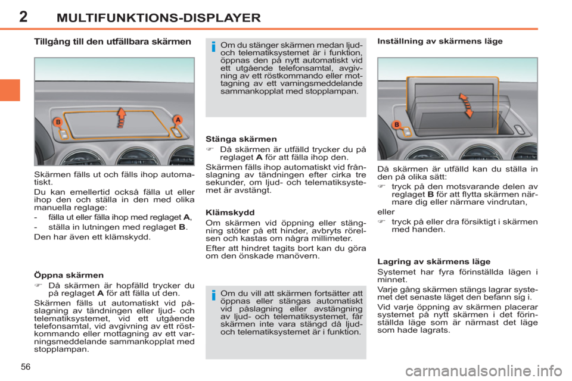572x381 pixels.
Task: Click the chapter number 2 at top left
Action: [x=23, y=17]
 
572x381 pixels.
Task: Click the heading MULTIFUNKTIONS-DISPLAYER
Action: [x=158, y=17]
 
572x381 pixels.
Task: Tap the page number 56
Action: [x=26, y=367]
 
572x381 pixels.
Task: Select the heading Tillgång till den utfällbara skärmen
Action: [x=113, y=42]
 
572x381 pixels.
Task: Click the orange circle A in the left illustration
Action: [x=178, y=120]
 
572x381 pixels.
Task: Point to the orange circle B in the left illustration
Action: [x=58, y=122]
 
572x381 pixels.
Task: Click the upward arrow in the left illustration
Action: [x=122, y=117]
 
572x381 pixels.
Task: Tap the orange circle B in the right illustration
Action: [x=397, y=124]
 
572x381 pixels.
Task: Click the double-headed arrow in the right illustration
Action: [x=466, y=105]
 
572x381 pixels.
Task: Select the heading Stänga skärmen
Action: [x=241, y=139]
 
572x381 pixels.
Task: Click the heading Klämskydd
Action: [x=230, y=213]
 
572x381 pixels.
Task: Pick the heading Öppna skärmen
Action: [x=69, y=275]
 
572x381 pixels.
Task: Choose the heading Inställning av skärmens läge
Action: [x=440, y=41]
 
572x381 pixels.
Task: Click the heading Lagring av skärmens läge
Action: [x=434, y=261]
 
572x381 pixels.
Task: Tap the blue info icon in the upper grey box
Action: [x=213, y=46]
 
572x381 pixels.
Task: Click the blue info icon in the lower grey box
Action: [x=213, y=295]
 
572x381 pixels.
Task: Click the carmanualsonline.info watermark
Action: [x=484, y=371]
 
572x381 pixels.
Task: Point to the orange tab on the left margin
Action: [x=10, y=90]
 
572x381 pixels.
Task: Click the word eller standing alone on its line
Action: [x=386, y=212]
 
